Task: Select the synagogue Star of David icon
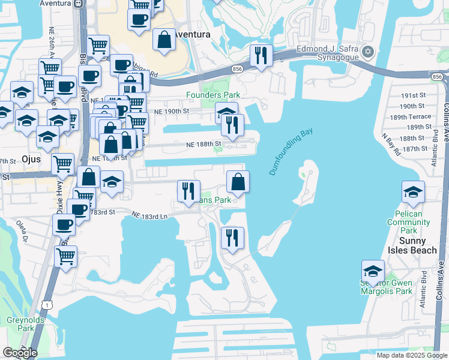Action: tap(367, 53)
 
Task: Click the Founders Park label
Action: tap(213, 95)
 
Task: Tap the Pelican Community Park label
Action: tap(409, 222)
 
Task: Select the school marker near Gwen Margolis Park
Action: tap(373, 271)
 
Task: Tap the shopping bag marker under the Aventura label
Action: tap(164, 40)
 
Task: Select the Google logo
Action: tap(20, 353)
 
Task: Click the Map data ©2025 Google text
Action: tap(411, 355)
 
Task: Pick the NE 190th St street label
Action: tap(171, 111)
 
